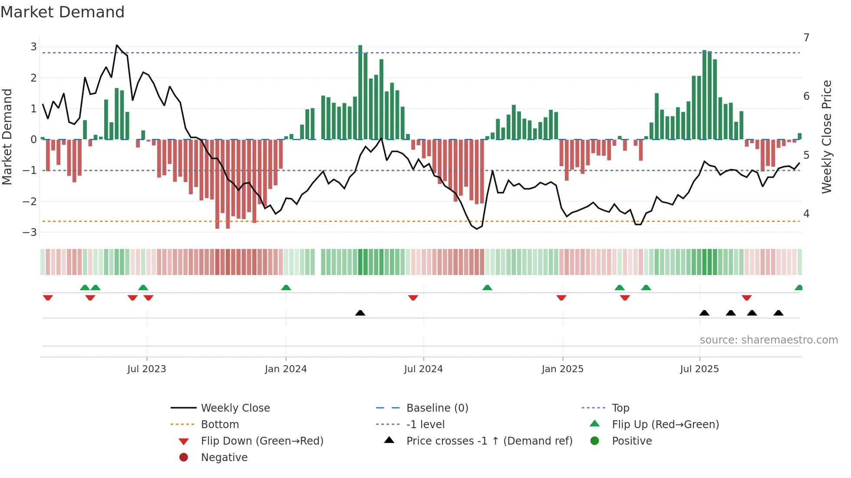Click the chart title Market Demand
coord(63,12)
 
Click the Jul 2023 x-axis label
coord(147,369)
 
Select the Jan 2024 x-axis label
coord(286,369)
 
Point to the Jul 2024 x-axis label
coord(423,369)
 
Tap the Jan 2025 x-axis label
coord(563,369)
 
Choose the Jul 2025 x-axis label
coord(699,369)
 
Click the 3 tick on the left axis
coord(33,47)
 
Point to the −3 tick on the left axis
coord(30,232)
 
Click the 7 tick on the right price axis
coord(806,38)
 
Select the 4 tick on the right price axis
coord(806,214)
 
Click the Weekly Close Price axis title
coord(827,137)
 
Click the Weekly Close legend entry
coord(235,408)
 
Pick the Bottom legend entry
coord(220,425)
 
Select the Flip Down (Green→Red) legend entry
coord(262,441)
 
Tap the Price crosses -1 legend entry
coord(489,441)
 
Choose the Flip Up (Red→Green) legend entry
coord(665,425)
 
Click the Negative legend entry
coord(224,458)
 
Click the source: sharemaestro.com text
coord(769,340)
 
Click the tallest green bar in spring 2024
coord(360,92)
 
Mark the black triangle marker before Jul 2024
coord(360,313)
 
